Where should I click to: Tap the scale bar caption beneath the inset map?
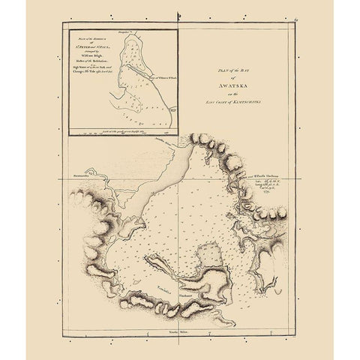pyautogui.click(x=124, y=131)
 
